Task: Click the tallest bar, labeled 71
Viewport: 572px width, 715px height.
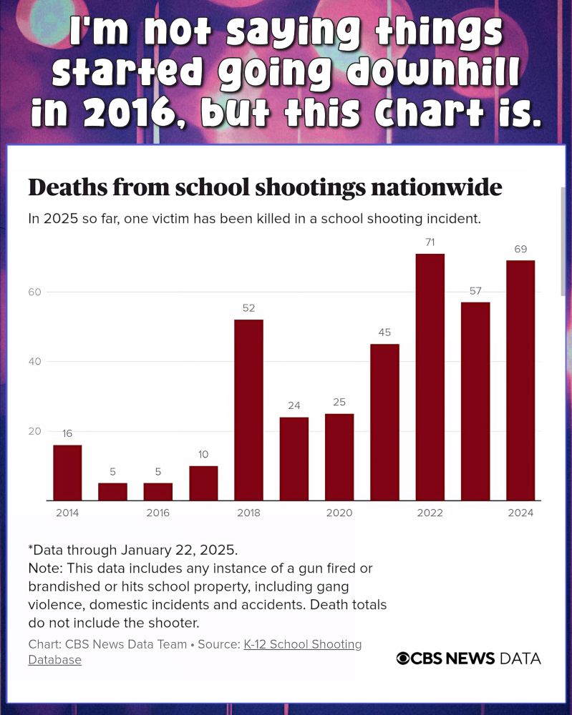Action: click(430, 377)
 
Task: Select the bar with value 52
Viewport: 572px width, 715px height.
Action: click(248, 410)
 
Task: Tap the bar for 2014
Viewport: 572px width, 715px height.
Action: click(67, 473)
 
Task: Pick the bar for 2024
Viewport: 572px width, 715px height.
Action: click(520, 380)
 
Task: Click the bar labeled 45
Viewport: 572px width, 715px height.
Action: click(384, 422)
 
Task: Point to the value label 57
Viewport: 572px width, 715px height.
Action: click(475, 291)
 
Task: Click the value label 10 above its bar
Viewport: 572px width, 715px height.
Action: click(203, 455)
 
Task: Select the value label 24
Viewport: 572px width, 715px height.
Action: click(294, 406)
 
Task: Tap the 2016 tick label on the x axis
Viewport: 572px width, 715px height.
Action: click(157, 513)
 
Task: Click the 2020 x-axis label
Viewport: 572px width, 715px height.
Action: click(339, 513)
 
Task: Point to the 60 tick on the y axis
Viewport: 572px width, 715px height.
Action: click(35, 292)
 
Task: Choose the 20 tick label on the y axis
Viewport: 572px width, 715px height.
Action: click(35, 431)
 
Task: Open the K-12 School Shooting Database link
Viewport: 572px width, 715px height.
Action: click(302, 644)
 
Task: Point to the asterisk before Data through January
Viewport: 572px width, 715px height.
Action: click(31, 549)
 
